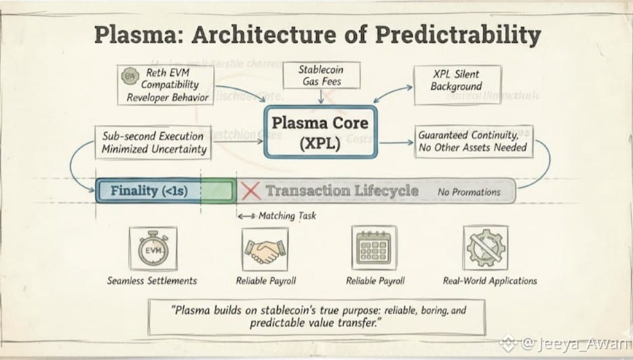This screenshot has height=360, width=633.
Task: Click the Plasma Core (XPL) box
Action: tap(319, 133)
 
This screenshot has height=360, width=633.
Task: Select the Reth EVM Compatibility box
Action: tap(166, 85)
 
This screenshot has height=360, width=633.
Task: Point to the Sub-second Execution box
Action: tap(153, 142)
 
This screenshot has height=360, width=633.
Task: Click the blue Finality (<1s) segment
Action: tap(148, 191)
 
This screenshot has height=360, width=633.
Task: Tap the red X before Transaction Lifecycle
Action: tap(251, 191)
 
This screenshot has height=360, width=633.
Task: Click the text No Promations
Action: tap(469, 192)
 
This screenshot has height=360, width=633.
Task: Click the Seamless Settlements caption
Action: tap(152, 281)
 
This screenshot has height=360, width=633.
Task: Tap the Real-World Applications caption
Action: tap(490, 281)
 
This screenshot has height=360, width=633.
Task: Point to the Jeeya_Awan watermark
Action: tap(574, 344)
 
